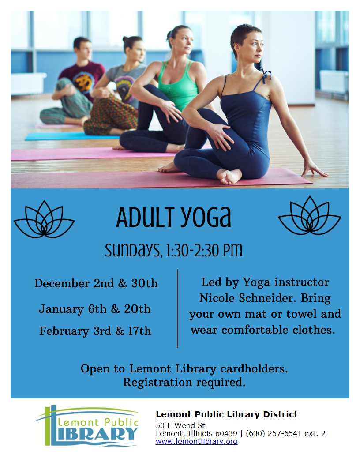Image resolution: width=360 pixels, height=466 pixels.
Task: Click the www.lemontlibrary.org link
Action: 196,441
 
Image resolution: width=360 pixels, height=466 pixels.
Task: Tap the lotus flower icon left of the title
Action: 44,219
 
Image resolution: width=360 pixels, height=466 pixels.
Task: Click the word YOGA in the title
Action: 206,217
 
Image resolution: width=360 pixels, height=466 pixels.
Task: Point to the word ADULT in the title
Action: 145,217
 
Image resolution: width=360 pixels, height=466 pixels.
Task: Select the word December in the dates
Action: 62,283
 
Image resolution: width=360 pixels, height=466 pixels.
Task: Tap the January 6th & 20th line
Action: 95,309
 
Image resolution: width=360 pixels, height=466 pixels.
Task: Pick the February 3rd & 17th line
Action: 95,331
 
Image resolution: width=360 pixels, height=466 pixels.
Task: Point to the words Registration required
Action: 184,383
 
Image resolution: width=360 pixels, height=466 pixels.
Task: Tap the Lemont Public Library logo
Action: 86,426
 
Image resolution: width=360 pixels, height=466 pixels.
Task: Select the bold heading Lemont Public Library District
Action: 227,414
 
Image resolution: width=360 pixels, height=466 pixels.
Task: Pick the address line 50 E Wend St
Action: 180,425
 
